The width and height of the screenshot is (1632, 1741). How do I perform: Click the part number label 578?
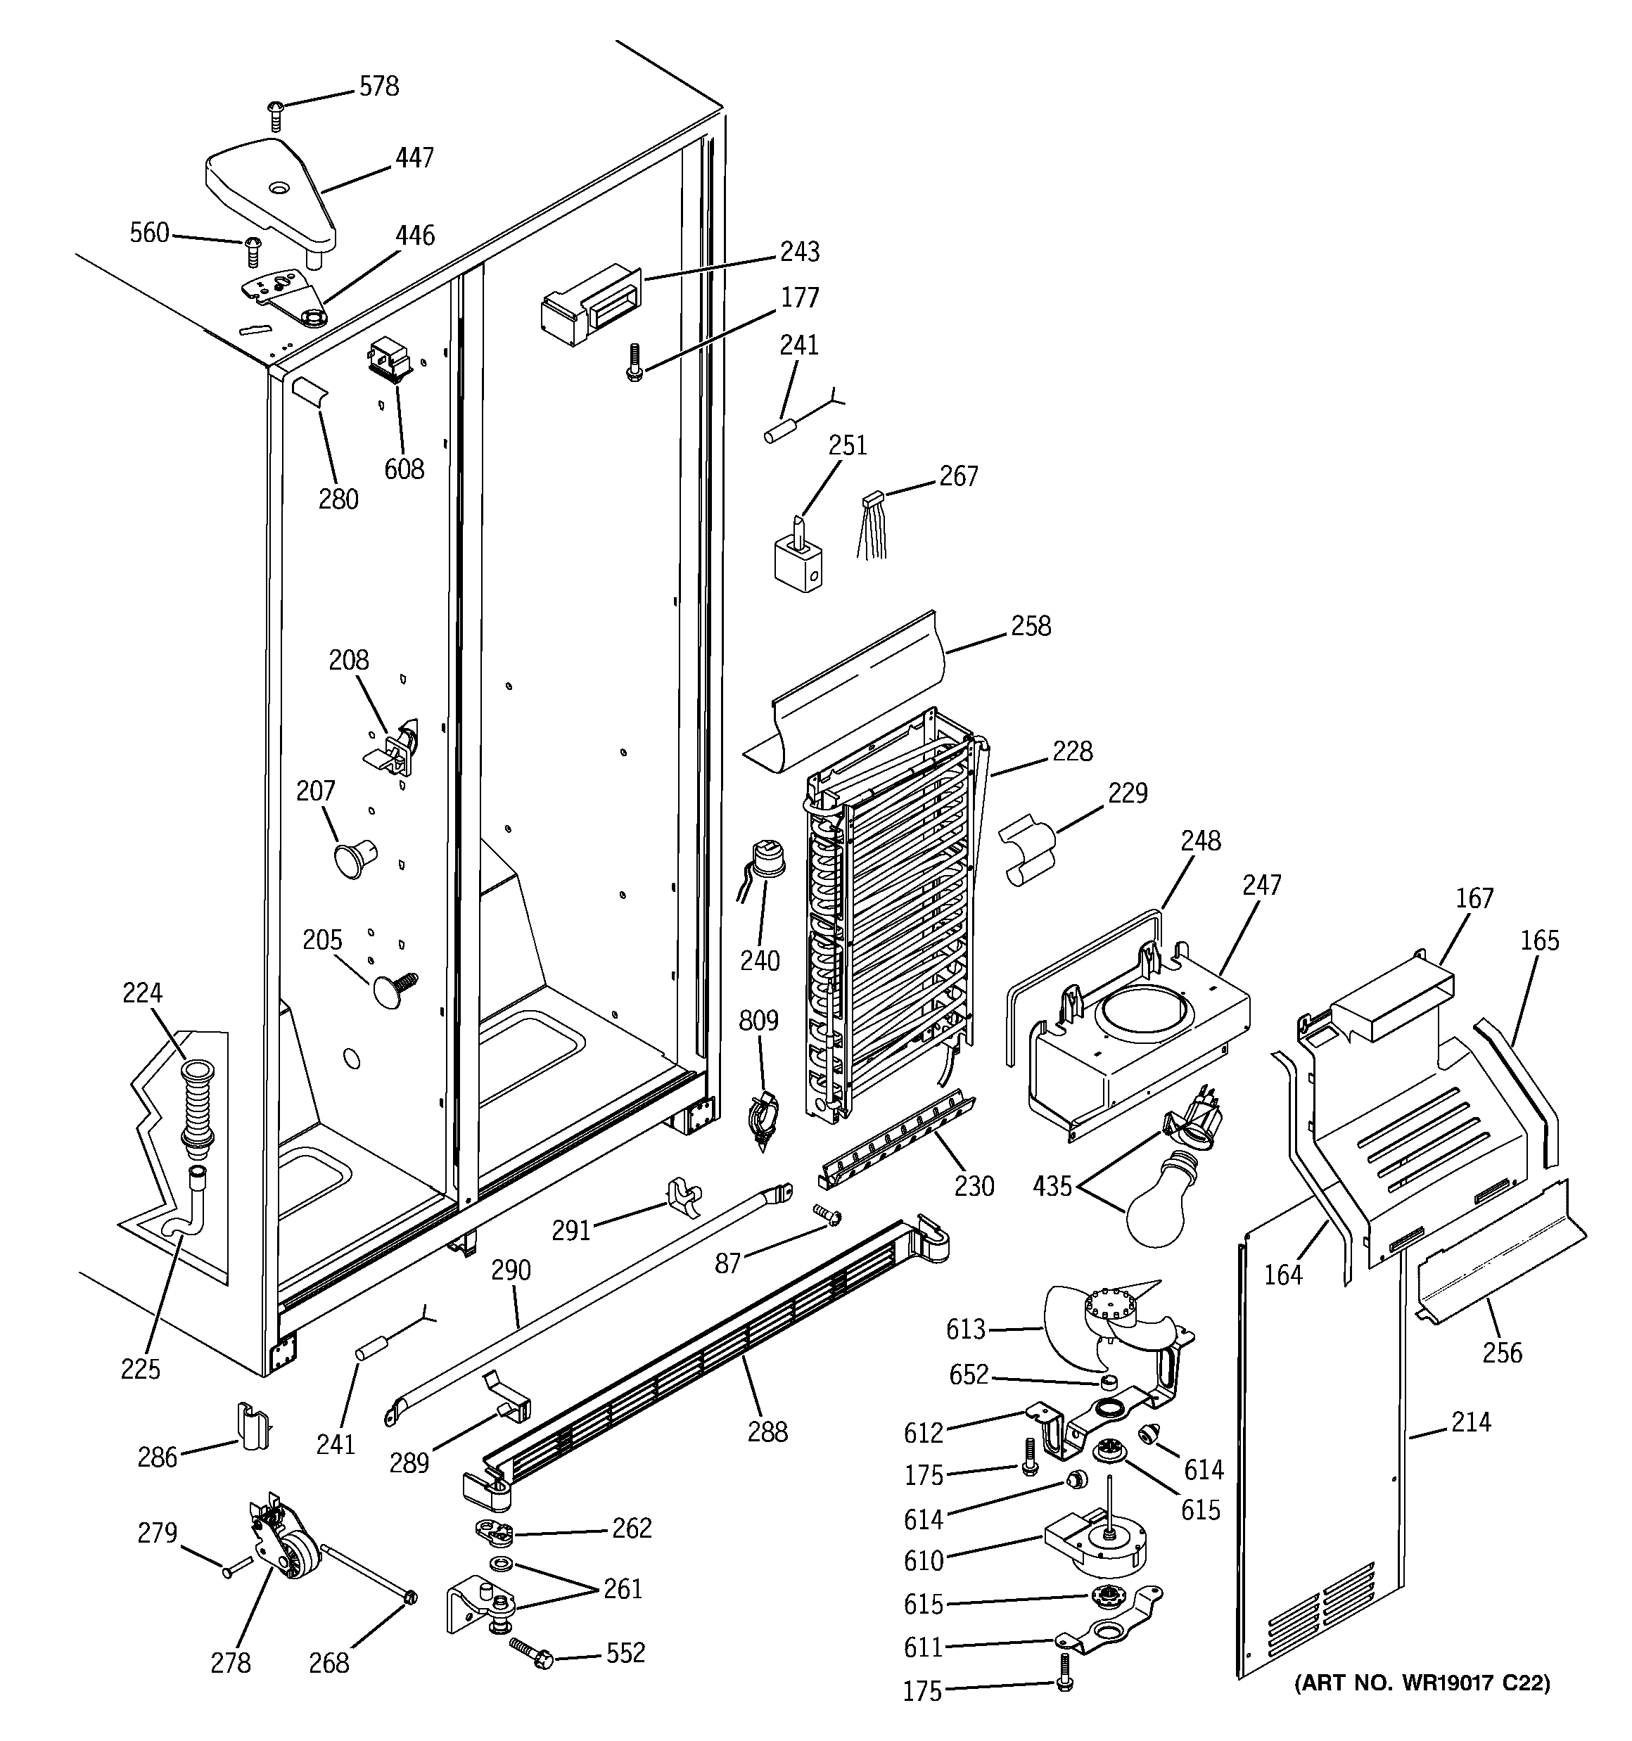[378, 86]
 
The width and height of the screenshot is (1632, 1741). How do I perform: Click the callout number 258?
[1030, 626]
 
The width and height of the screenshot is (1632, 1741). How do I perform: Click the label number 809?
[758, 1020]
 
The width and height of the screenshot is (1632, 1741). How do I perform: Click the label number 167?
[1474, 898]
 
